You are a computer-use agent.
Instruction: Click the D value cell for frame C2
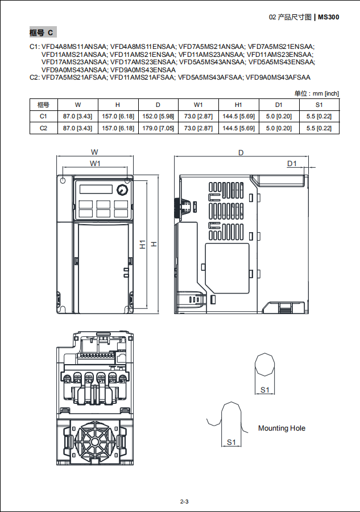point(158,129)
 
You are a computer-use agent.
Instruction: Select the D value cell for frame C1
point(158,116)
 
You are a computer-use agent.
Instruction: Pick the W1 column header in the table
point(198,105)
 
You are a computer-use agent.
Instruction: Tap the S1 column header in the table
point(319,105)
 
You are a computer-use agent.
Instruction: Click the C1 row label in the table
point(43,116)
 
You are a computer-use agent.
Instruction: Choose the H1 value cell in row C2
point(239,129)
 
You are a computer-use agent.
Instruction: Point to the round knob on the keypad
point(122,189)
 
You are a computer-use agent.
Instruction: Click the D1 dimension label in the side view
point(292,163)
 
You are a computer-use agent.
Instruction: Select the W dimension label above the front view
point(94,152)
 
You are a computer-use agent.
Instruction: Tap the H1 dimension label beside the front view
point(143,244)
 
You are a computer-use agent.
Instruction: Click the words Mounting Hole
point(282,428)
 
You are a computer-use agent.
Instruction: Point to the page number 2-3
point(184,502)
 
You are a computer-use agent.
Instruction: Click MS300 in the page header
point(329,17)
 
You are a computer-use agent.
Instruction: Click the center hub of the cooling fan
point(94,442)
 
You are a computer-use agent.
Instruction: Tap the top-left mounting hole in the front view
point(63,180)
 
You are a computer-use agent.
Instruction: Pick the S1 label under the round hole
point(264,390)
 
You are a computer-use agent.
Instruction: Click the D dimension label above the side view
point(241,152)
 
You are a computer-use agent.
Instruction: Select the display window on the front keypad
point(96,189)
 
